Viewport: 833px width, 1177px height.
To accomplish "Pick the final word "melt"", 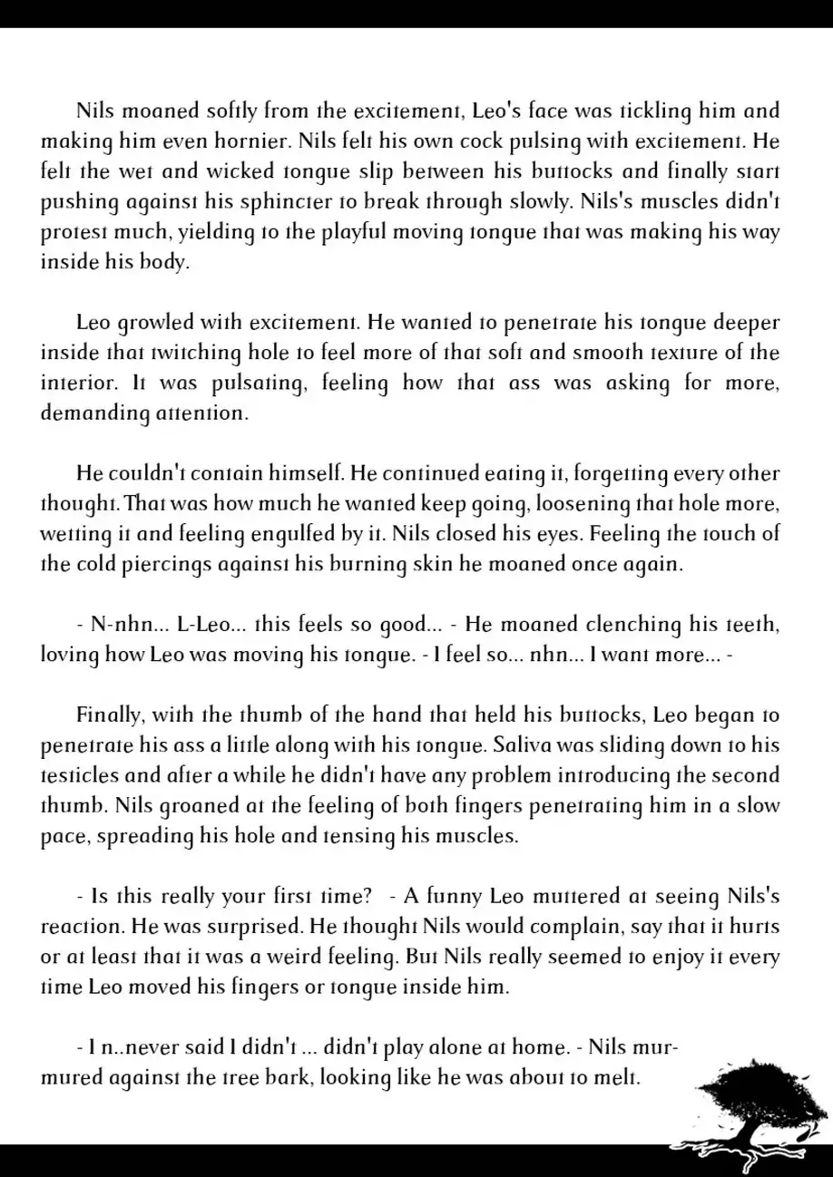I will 621,1078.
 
